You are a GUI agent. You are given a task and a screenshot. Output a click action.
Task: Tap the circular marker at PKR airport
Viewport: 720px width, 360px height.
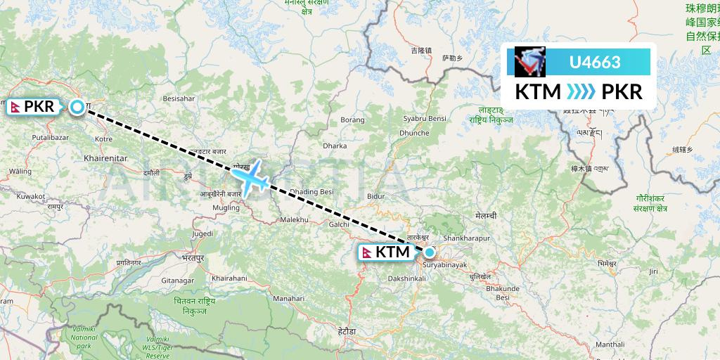77,107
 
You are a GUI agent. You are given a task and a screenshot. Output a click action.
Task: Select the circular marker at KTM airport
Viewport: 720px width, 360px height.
429,251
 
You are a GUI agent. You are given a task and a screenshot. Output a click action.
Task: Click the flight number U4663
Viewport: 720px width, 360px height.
594,62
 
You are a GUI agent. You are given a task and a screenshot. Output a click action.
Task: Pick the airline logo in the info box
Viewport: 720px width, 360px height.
530,62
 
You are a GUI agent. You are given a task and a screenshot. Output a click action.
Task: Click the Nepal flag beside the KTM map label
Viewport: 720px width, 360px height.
366,252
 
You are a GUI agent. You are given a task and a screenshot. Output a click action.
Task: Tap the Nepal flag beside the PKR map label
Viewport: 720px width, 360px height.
15,107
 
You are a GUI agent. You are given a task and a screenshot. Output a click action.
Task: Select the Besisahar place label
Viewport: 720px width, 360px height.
179,98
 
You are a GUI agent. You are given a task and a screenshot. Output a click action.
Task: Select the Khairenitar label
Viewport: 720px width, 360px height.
104,159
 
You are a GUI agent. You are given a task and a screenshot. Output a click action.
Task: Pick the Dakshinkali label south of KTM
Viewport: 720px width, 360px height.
406,279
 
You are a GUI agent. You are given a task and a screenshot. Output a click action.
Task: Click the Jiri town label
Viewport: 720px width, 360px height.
653,271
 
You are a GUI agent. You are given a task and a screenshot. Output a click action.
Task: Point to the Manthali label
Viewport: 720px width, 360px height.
610,345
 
